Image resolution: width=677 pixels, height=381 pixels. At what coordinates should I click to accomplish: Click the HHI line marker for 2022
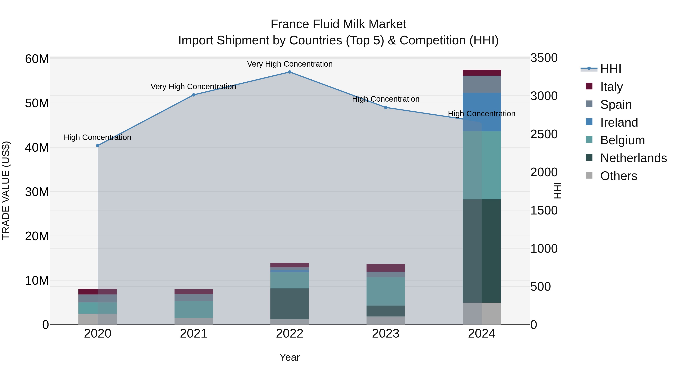pos(290,72)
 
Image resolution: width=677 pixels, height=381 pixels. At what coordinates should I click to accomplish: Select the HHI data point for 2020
pos(98,146)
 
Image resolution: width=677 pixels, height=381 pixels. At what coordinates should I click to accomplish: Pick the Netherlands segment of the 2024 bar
pos(482,251)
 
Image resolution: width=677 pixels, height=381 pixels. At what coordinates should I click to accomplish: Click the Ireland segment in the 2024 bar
pos(482,112)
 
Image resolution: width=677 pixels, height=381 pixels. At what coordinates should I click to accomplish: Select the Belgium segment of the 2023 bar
pos(386,291)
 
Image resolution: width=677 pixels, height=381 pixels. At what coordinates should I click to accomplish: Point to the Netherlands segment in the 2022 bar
pos(290,304)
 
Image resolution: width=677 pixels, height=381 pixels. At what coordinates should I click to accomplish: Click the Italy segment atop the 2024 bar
pos(482,73)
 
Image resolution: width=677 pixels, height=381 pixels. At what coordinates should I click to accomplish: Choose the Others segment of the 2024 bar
pos(482,314)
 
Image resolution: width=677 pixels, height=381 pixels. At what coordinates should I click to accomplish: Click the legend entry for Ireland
pos(619,122)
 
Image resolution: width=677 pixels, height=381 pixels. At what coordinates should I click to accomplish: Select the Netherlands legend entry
pos(633,158)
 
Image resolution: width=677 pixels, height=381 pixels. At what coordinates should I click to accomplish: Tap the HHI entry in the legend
pos(610,69)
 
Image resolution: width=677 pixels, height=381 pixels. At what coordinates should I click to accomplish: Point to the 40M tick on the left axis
pos(37,148)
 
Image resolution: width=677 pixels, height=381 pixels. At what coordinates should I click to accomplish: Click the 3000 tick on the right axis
pos(544,96)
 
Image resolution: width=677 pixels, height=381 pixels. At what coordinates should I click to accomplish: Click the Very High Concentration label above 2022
pos(290,64)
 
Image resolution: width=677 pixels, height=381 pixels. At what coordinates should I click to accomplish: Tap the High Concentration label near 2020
pos(97,138)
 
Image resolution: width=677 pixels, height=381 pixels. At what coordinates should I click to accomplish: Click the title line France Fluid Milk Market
pos(338,24)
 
